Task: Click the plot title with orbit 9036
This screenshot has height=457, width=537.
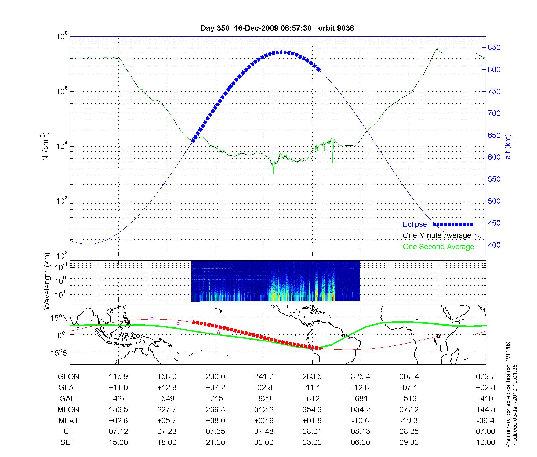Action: [x=277, y=28]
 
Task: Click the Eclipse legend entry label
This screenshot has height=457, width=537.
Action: [x=415, y=224]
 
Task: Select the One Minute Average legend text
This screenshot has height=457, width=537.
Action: [x=437, y=235]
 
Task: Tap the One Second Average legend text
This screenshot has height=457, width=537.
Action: [x=438, y=247]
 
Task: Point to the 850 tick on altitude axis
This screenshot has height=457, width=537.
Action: [x=494, y=48]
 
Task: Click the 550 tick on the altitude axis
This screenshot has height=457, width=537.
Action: [x=494, y=179]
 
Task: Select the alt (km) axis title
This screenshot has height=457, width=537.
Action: [x=508, y=147]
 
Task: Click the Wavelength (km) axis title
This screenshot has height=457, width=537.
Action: [x=47, y=281]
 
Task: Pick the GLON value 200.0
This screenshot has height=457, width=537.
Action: [x=215, y=377]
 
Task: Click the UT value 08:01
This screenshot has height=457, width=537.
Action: [x=312, y=431]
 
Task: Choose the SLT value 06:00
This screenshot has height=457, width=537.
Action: [x=360, y=442]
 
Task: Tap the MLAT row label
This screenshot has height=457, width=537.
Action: [x=68, y=421]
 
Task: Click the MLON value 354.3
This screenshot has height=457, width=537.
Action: [x=312, y=410]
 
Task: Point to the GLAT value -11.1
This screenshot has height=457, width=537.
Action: [x=312, y=388]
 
